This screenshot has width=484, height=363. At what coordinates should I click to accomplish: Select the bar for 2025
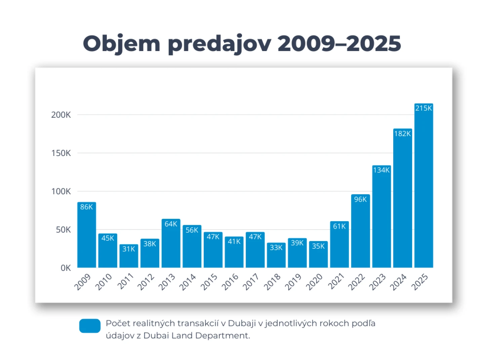point(424,188)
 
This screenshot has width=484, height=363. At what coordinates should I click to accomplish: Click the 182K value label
point(402,134)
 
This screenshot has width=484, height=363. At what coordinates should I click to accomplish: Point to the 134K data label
point(381,170)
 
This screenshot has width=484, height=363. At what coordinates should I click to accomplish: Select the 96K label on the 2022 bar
point(360,199)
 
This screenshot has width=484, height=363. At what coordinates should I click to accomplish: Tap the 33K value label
point(276,248)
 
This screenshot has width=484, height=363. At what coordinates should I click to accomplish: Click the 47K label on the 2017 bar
point(255,237)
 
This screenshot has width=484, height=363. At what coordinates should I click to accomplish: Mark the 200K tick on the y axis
point(61,115)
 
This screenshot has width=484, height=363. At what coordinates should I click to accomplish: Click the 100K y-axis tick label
point(61,192)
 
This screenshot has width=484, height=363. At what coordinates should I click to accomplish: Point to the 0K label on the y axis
point(66,268)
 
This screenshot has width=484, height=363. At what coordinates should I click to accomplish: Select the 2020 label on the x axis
point(314,282)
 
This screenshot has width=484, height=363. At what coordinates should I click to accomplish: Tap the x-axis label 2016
point(230,282)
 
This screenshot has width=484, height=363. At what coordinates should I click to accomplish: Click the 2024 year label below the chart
point(398,282)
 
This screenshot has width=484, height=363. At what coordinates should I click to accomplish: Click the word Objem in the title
point(121,44)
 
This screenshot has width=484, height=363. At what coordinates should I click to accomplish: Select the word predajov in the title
point(219,44)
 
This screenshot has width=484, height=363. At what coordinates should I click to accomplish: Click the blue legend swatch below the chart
point(90,326)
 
